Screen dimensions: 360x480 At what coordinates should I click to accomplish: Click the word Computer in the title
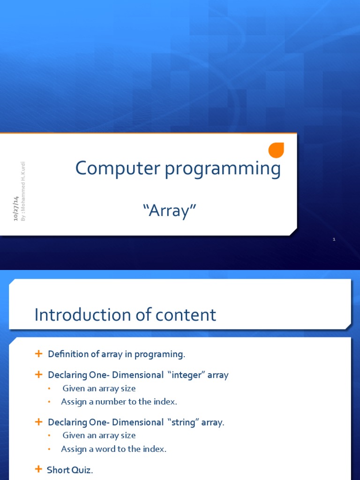click(118, 168)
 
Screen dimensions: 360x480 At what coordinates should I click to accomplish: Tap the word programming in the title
click(223, 169)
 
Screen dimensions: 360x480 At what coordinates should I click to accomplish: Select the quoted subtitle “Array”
click(169, 211)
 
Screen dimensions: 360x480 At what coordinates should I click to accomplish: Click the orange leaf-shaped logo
click(276, 150)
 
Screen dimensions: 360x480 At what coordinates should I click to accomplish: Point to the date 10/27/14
click(15, 209)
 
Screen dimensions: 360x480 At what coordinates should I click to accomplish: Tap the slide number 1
click(334, 239)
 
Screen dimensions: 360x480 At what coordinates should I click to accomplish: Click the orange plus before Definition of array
click(38, 354)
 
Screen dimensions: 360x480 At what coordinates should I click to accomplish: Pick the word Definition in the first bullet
click(68, 354)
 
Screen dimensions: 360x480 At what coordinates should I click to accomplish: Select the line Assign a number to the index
click(119, 402)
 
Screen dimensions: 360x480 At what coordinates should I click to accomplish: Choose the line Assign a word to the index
click(113, 449)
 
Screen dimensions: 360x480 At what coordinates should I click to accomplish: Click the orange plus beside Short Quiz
click(38, 469)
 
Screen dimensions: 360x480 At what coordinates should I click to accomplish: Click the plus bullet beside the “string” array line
click(38, 422)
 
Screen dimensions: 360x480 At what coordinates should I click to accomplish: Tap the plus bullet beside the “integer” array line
click(38, 375)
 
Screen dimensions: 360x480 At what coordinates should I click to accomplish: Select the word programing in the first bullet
click(160, 354)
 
